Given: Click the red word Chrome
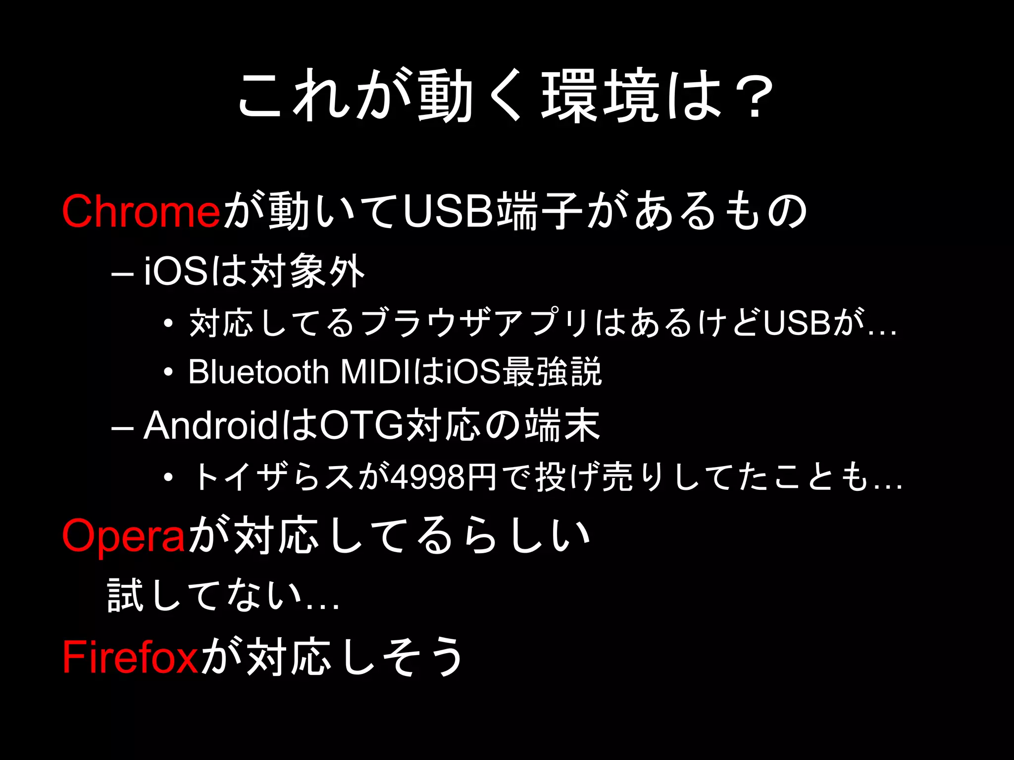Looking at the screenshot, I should (x=141, y=211).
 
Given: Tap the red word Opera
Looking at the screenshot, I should (x=123, y=536).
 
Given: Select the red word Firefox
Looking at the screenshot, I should (x=130, y=657).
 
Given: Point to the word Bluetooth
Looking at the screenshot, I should (x=258, y=372).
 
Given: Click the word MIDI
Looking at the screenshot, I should (x=376, y=372).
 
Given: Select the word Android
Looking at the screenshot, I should (x=210, y=426).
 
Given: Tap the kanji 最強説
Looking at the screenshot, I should (x=553, y=372).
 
